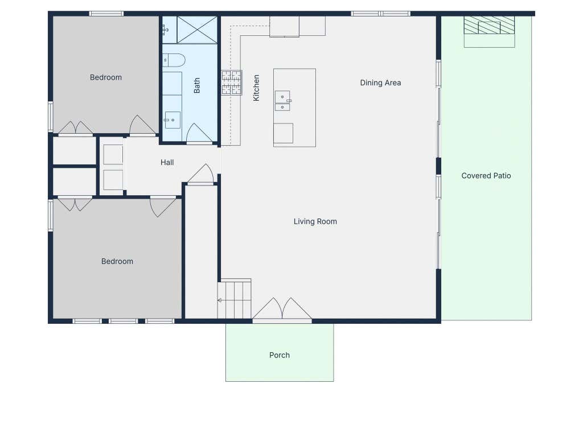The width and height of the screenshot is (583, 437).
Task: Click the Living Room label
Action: [315, 221]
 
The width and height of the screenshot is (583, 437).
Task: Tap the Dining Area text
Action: [380, 83]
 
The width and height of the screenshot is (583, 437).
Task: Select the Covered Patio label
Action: [486, 176]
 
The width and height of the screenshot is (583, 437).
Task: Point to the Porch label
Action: [279, 355]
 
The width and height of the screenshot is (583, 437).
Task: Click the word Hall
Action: [167, 162]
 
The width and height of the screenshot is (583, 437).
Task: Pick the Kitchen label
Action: [256, 88]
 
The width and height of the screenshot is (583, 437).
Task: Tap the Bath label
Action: [196, 85]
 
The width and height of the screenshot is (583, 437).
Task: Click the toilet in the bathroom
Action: [174, 60]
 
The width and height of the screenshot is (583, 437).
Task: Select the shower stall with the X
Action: [197, 30]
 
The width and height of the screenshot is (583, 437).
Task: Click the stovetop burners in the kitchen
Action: [232, 83]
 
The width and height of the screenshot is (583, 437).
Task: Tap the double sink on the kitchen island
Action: [282, 101]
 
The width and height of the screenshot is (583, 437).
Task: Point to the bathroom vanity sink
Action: [173, 120]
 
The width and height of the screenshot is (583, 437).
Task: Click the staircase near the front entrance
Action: [234, 299]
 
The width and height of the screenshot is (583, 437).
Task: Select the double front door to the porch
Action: [282, 308]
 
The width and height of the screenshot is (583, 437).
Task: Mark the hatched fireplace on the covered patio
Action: [489, 25]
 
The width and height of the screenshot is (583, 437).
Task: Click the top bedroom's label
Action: [105, 77]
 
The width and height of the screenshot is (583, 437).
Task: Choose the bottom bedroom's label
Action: [117, 262]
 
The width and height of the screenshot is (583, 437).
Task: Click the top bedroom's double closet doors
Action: [76, 127]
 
